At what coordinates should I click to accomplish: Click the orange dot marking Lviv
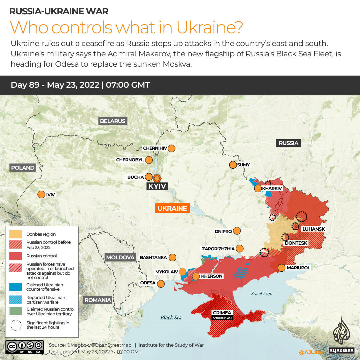(x=41, y=195)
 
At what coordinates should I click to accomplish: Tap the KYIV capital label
(x=157, y=186)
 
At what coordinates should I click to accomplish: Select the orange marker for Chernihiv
(x=172, y=148)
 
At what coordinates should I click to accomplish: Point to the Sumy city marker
(x=233, y=165)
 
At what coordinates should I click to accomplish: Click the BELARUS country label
(x=113, y=121)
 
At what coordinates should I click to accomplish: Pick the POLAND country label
(x=23, y=168)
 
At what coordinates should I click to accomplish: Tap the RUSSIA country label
(x=288, y=143)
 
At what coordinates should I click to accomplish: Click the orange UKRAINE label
(x=172, y=208)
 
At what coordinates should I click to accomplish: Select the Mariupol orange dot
(x=281, y=268)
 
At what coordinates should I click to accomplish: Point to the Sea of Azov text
(x=261, y=294)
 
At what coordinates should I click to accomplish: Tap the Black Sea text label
(x=171, y=317)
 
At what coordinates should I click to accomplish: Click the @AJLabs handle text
(x=311, y=352)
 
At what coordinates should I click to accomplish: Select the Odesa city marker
(x=161, y=284)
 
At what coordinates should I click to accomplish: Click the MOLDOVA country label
(x=120, y=257)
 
